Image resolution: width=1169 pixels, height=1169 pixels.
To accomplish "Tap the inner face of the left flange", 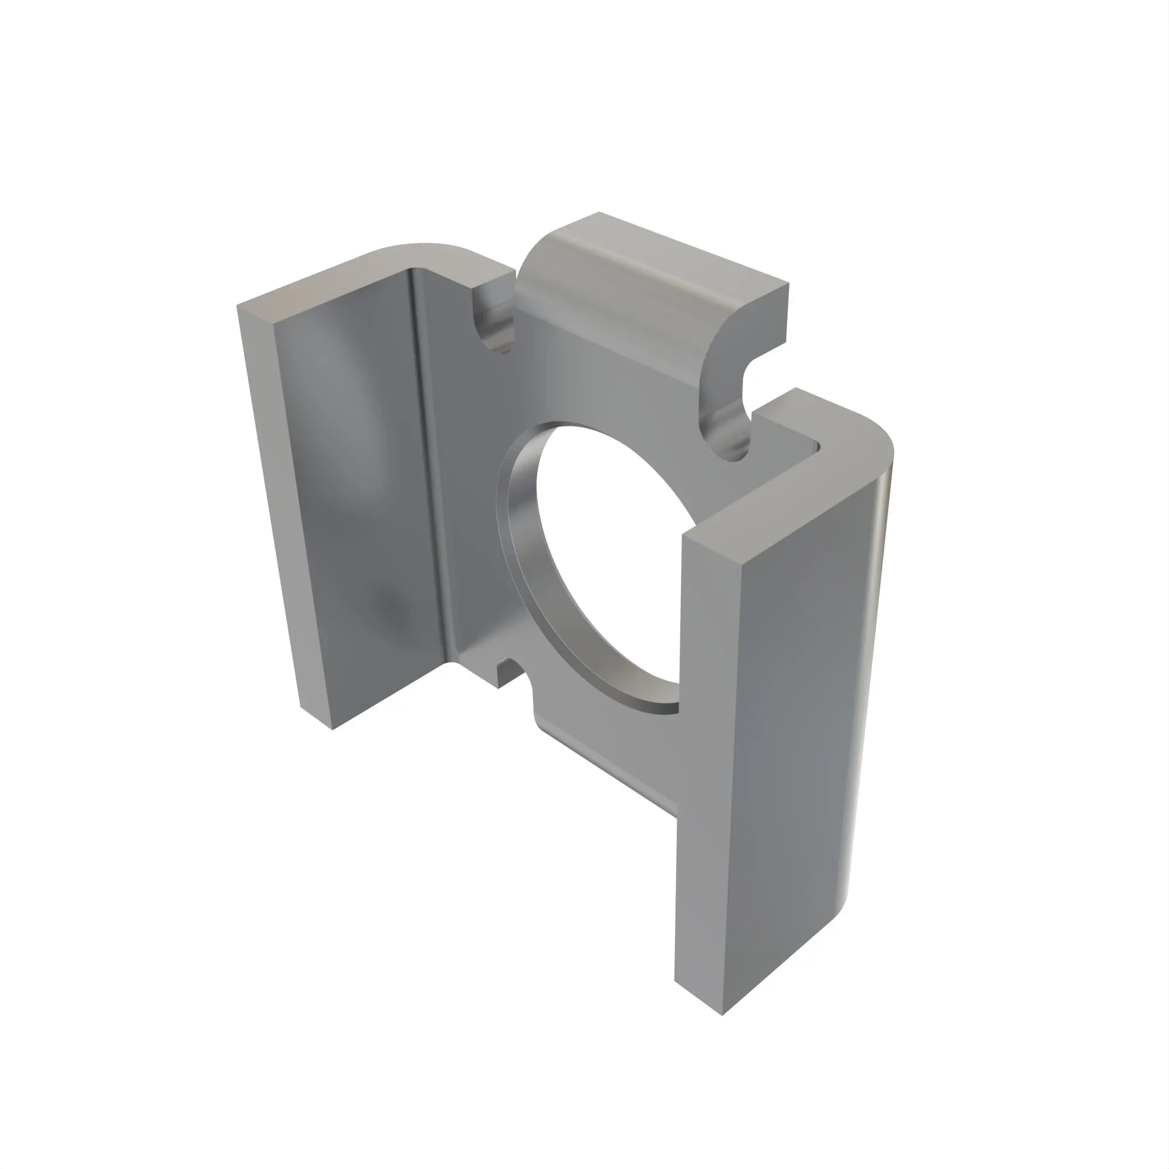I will coord(357,484).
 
